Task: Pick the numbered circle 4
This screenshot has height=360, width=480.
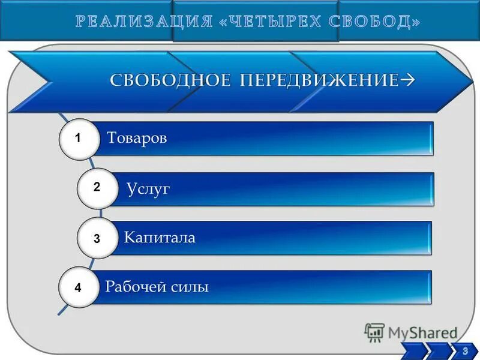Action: tap(79, 288)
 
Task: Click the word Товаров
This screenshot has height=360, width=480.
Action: tap(137, 139)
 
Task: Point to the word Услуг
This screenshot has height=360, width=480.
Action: tap(149, 190)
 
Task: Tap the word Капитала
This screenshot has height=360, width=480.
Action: tap(160, 238)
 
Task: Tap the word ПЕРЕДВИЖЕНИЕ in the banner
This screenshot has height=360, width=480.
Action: tap(319, 81)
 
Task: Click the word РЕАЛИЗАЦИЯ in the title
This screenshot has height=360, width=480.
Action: tap(144, 22)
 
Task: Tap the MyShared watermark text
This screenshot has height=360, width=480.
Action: tap(422, 333)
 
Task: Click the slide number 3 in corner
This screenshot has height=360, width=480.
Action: tap(465, 351)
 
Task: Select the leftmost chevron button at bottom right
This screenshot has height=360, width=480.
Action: tap(414, 352)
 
